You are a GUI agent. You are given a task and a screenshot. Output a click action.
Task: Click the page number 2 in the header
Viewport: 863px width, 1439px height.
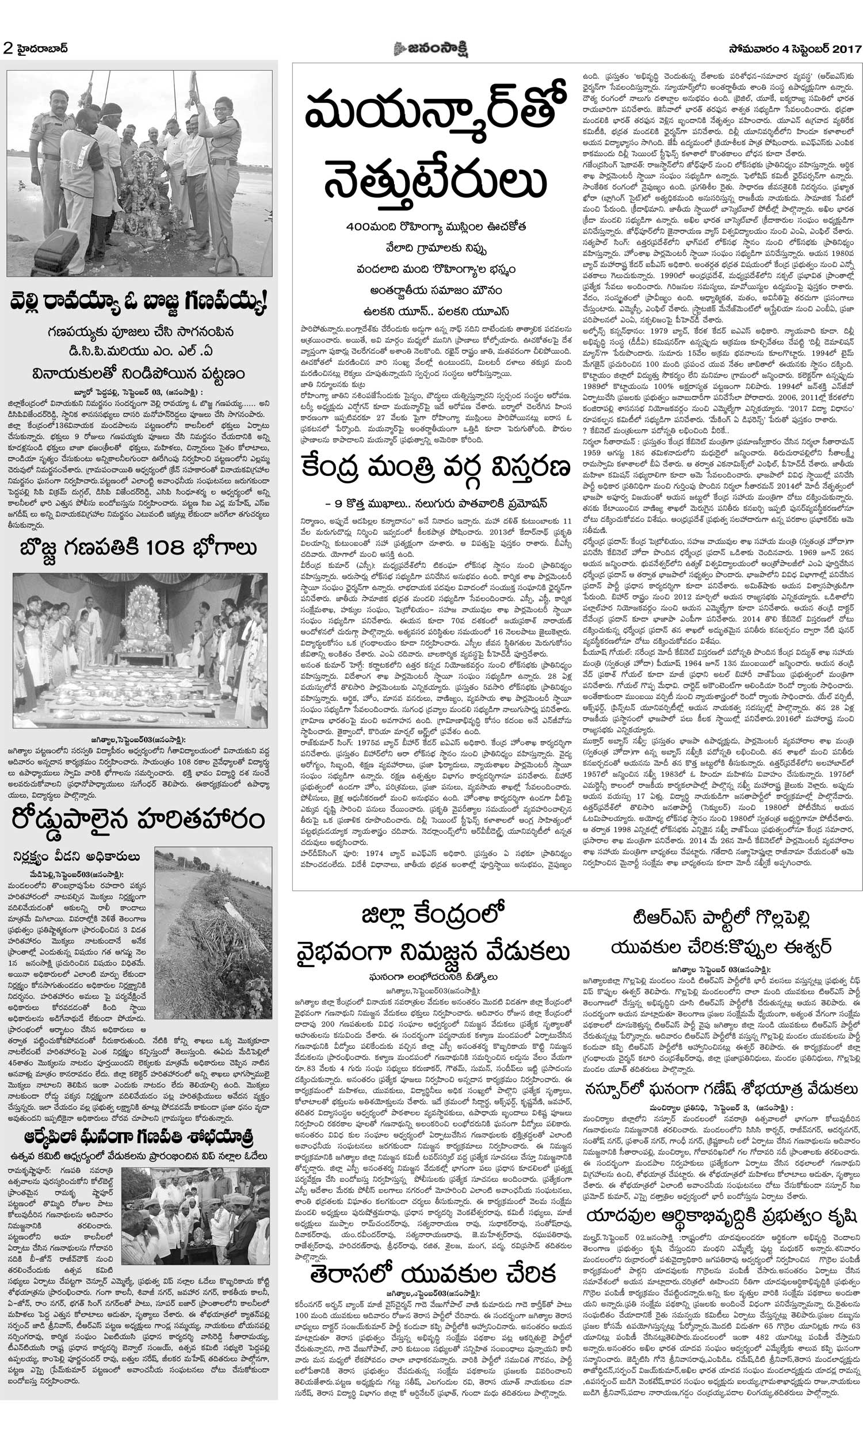8,49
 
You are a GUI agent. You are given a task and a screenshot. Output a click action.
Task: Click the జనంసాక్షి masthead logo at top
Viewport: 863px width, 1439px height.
431,49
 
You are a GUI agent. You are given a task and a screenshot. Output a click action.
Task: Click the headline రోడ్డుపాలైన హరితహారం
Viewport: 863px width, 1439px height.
139,820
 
